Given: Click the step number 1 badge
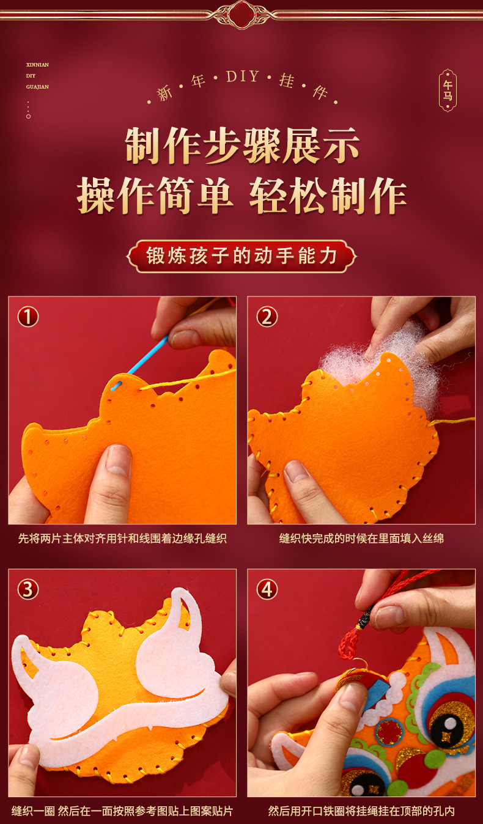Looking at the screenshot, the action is [28, 317].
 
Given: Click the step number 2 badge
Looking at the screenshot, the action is [267, 317].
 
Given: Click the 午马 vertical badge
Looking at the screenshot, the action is [448, 90].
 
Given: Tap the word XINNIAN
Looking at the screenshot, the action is [37, 65].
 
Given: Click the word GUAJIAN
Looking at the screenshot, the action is [37, 87].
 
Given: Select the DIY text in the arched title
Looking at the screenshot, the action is [243, 76].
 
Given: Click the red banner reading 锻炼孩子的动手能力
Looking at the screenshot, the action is [242, 256].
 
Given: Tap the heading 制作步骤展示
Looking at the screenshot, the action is [242, 145].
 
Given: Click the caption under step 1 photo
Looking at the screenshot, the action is [122, 539].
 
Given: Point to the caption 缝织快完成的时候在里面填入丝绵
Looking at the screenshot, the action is [361, 539].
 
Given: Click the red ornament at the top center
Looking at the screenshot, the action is [242, 15].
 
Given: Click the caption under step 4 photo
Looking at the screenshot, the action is [361, 811].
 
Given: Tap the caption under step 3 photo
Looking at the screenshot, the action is [122, 811].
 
